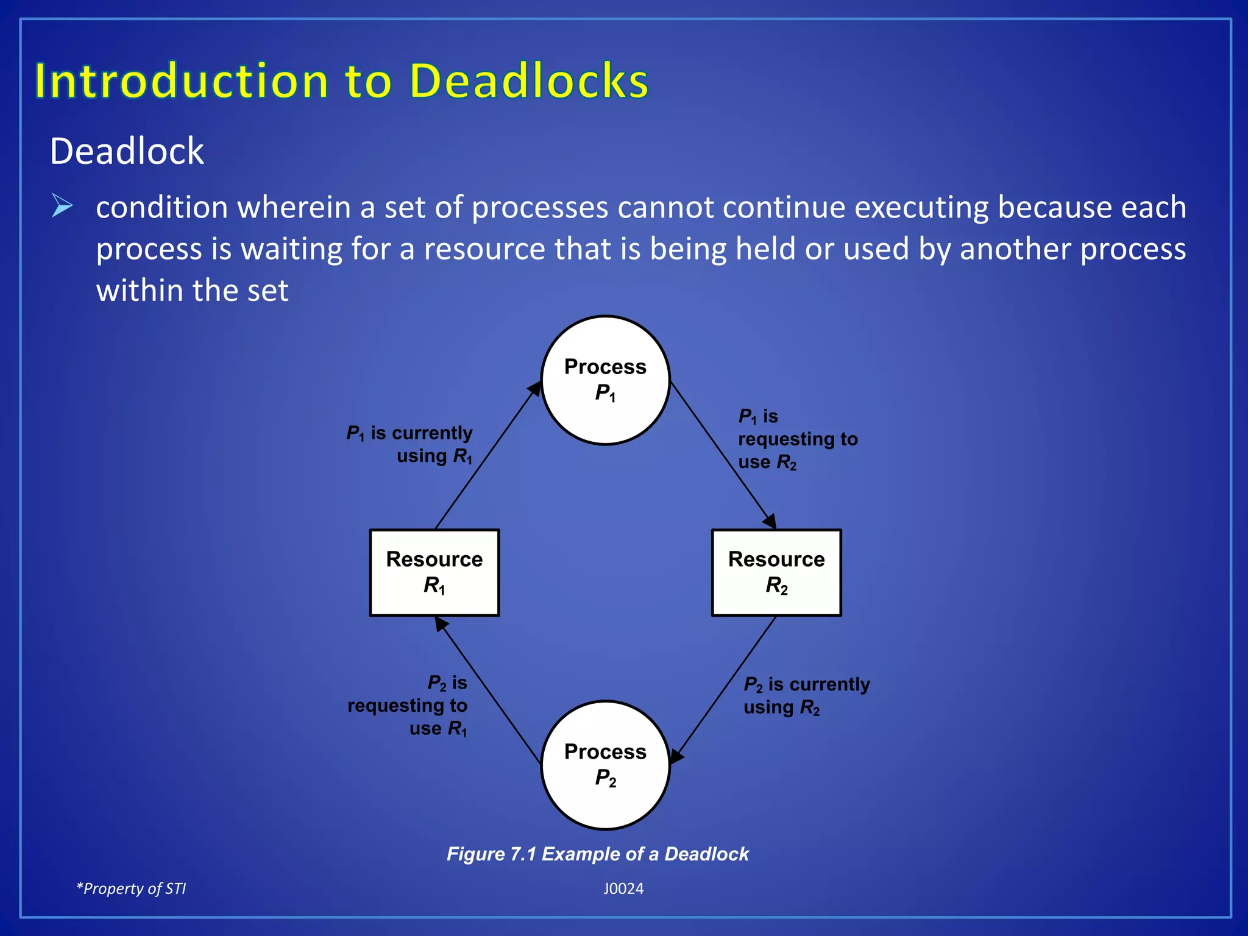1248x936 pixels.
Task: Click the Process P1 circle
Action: click(605, 380)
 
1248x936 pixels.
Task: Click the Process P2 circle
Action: click(605, 765)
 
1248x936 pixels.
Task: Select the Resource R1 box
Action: click(434, 573)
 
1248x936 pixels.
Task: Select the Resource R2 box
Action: click(776, 573)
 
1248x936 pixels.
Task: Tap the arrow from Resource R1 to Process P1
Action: click(487, 456)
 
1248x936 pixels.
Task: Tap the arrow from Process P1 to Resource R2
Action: click(723, 456)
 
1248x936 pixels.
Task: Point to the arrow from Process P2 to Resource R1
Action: click(487, 689)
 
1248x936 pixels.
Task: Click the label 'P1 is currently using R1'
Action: click(409, 444)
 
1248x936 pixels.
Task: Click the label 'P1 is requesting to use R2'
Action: click(797, 439)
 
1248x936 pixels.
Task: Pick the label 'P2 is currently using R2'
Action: click(806, 695)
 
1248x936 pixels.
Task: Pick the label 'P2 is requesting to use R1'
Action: click(408, 706)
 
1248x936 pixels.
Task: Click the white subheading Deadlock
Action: click(127, 151)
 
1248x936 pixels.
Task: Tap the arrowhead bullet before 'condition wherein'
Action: click(62, 206)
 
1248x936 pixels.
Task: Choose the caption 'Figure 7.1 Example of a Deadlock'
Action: click(597, 854)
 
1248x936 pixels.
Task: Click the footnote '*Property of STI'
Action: click(131, 888)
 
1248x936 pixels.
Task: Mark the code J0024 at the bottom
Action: click(623, 888)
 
